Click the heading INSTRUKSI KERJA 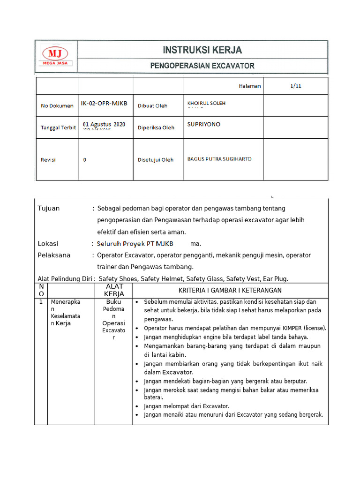click(202, 50)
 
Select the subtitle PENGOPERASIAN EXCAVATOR click(202, 66)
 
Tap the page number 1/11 click(295, 86)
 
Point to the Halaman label click(250, 86)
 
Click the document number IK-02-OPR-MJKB click(104, 103)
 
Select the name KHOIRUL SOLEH click(206, 103)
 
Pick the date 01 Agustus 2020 click(104, 124)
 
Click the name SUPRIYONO click(203, 124)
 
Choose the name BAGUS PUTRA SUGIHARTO click(219, 159)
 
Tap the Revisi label click(48, 160)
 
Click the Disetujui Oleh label click(155, 160)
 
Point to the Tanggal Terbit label click(58, 127)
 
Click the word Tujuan click(49, 208)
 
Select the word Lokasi click(48, 243)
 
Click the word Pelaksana click(54, 255)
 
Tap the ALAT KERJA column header click(114, 290)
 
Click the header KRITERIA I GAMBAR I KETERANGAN click(230, 291)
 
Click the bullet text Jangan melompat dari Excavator click(187, 406)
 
